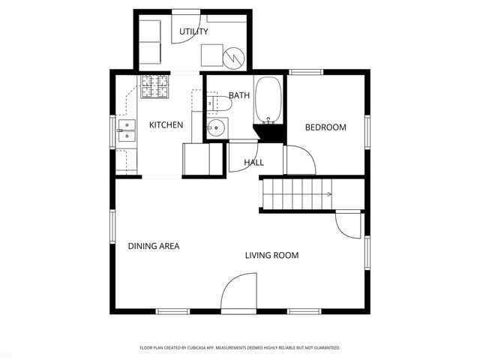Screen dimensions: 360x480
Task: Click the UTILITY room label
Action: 193,31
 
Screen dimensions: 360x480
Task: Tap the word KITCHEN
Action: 166,124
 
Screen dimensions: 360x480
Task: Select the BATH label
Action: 239,95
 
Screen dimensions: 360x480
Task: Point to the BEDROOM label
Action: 325,127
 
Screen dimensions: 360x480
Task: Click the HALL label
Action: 253,162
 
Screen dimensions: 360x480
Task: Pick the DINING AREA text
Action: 154,246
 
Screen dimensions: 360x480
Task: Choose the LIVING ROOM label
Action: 271,256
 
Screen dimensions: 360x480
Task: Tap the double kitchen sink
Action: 126,130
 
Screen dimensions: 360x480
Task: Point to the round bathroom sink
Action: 217,127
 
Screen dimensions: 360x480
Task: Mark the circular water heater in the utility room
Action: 236,56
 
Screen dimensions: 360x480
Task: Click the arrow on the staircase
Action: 327,195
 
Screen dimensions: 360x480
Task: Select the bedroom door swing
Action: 298,158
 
